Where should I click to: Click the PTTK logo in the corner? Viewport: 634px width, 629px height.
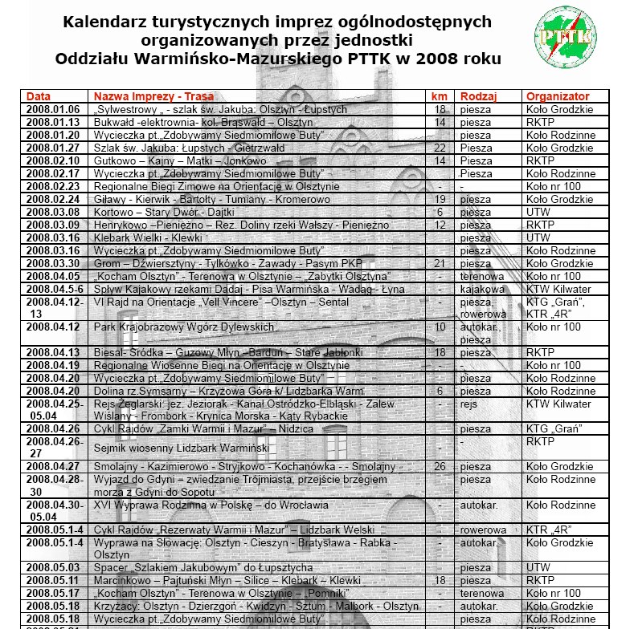tap(564, 36)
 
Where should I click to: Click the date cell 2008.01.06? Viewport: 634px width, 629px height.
tap(53, 109)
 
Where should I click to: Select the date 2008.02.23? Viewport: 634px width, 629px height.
tap(53, 186)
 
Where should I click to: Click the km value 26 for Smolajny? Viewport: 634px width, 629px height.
tap(440, 467)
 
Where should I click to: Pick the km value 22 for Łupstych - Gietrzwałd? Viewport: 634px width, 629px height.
tap(440, 148)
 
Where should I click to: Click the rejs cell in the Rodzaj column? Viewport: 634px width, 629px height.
tap(469, 404)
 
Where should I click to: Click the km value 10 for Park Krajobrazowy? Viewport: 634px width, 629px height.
tap(440, 327)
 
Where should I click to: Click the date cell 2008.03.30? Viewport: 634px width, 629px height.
tap(53, 263)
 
